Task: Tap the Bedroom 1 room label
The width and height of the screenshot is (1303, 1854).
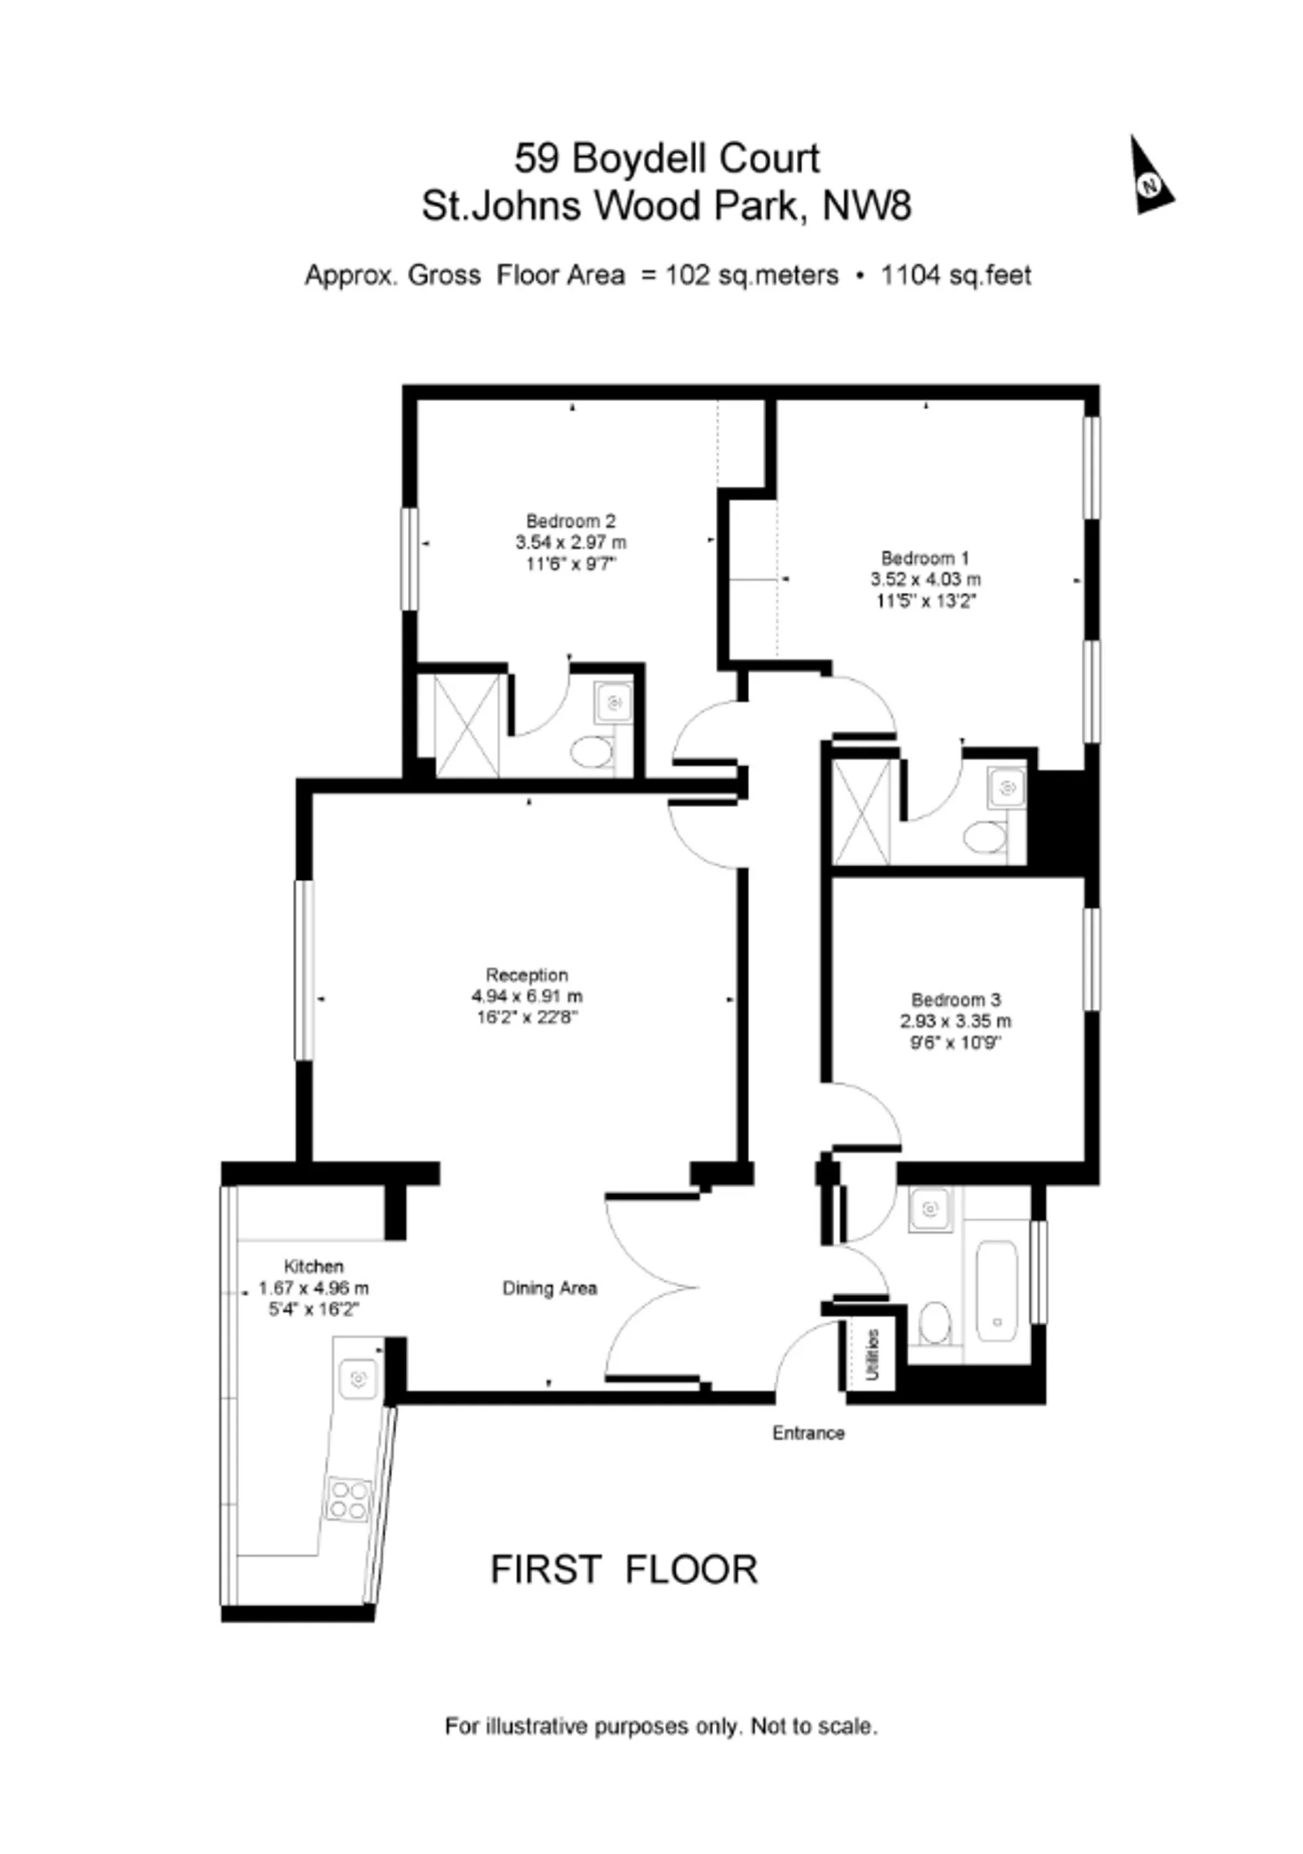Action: (925, 558)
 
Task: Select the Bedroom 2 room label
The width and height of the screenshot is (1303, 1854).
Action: (571, 521)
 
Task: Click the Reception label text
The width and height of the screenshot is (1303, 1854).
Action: (527, 975)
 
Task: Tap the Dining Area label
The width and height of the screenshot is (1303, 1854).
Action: (550, 1288)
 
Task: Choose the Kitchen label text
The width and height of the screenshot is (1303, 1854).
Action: (314, 1266)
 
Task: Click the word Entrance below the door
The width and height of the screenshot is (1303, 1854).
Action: (808, 1432)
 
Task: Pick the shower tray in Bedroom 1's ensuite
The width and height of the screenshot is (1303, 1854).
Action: (861, 811)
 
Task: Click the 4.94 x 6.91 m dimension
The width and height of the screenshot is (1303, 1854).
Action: (527, 997)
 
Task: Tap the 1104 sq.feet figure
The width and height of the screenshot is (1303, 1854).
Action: (956, 276)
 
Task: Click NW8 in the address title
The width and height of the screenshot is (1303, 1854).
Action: (867, 205)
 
